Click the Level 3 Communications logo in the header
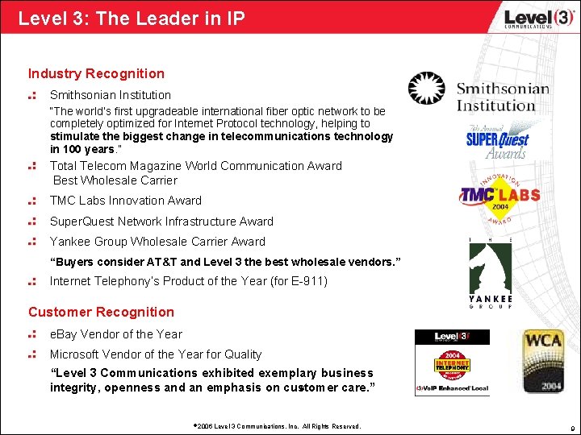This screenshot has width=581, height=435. click(528, 17)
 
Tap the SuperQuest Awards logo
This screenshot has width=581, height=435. click(496, 142)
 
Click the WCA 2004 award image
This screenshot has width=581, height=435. click(541, 360)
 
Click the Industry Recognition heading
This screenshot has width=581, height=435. click(96, 74)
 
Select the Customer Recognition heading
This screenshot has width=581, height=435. click(101, 312)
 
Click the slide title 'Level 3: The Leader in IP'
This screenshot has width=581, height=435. click(132, 17)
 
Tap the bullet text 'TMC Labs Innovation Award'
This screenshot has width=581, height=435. click(126, 201)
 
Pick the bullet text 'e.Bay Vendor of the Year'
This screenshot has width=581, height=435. click(116, 334)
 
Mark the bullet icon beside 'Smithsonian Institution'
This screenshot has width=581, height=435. click(33, 95)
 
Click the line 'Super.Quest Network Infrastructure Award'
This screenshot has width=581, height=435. click(161, 222)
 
